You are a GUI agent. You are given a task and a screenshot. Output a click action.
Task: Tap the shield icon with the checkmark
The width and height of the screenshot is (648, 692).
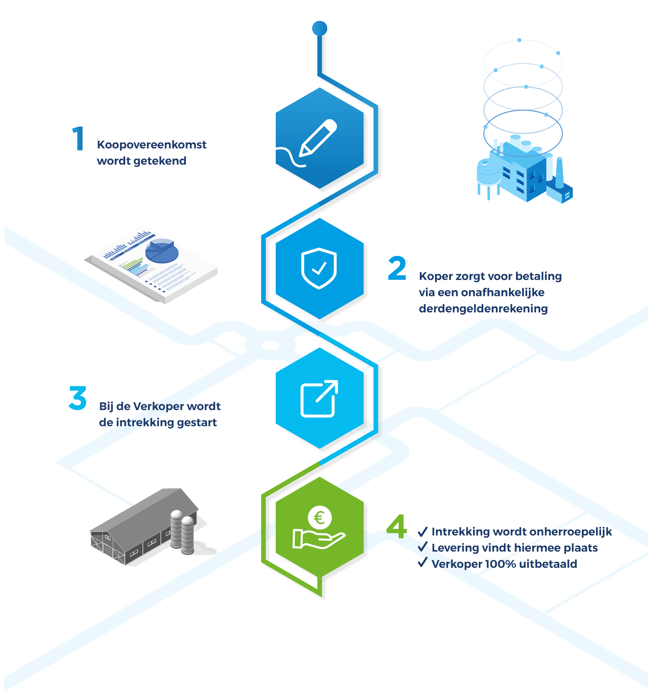click(x=319, y=268)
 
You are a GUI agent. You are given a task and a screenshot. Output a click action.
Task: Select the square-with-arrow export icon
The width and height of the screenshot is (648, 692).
click(x=319, y=398)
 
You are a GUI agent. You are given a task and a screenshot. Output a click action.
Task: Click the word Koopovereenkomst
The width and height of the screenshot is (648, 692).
click(x=151, y=145)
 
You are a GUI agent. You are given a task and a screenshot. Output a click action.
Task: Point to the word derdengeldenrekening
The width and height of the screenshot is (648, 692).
click(x=483, y=308)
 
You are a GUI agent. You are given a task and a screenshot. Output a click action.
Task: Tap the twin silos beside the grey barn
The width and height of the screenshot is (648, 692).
click(x=182, y=532)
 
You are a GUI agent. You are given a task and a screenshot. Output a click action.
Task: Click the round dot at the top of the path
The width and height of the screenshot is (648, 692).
click(x=319, y=28)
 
